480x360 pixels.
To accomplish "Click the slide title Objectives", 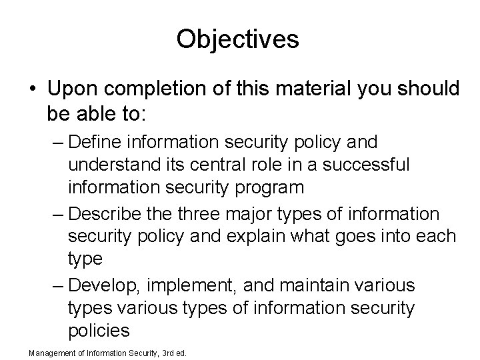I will [x=238, y=39].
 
